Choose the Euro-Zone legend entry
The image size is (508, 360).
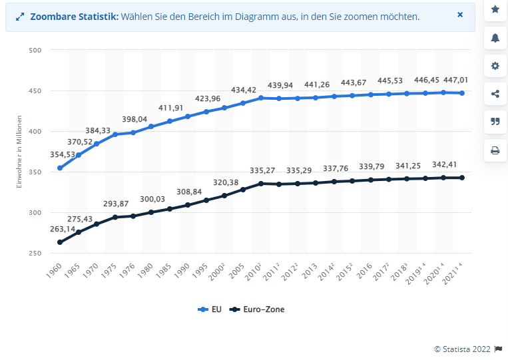click(256, 309)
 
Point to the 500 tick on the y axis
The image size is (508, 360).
click(36, 50)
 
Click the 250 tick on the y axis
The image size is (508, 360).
click(36, 254)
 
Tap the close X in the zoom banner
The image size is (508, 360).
click(460, 15)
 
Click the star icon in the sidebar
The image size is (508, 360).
click(495, 9)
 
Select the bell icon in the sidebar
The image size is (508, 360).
click(495, 38)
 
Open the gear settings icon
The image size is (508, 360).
click(495, 66)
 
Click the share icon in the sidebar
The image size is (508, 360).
click(495, 94)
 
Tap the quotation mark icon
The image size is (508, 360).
click(495, 122)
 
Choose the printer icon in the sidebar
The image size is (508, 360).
click(495, 150)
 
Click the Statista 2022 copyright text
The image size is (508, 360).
click(463, 349)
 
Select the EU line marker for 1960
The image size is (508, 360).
click(60, 168)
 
